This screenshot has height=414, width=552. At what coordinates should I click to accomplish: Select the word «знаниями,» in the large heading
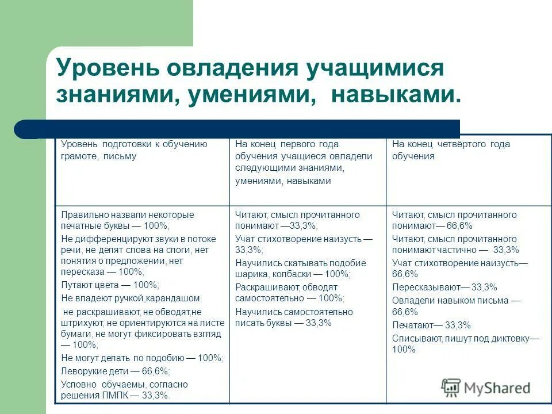click(x=116, y=94)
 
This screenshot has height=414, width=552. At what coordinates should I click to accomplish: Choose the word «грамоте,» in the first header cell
click(x=80, y=156)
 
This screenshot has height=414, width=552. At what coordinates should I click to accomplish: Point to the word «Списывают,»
click(x=417, y=338)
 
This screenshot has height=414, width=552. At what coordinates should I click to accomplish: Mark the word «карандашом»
click(x=172, y=298)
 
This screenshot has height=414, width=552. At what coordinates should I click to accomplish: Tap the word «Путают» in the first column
click(x=76, y=285)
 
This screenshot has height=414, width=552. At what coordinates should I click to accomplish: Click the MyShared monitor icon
click(x=451, y=387)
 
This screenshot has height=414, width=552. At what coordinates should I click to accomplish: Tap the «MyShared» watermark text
click(x=497, y=388)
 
